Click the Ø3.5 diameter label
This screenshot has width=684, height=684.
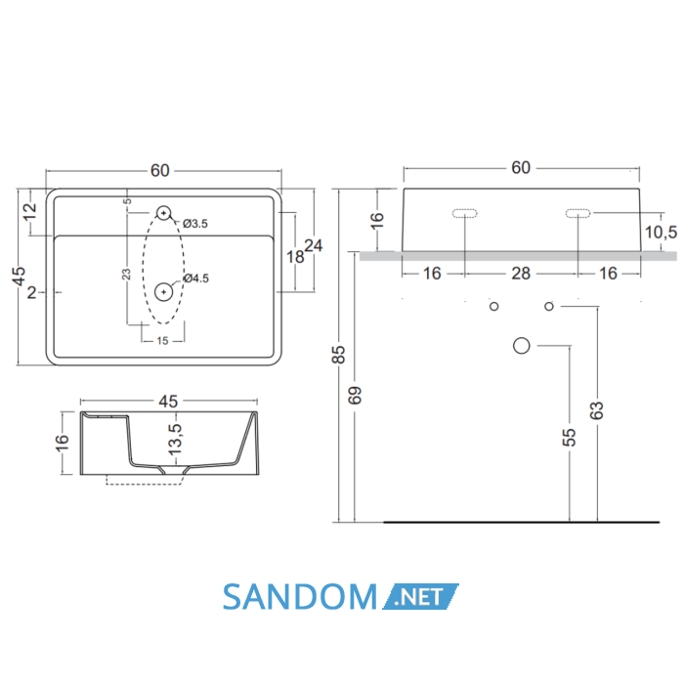[x=195, y=224]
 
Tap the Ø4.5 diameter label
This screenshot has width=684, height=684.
[x=196, y=278]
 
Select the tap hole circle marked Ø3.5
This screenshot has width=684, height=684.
[x=163, y=213]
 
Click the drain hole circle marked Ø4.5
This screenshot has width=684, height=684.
[x=163, y=292]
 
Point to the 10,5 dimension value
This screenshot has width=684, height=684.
[x=661, y=233]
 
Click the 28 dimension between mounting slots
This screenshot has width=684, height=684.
[x=521, y=274]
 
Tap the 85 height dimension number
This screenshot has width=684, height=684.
[x=339, y=355]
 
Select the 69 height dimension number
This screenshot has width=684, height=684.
[x=355, y=395]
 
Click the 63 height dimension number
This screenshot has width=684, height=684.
[x=597, y=410]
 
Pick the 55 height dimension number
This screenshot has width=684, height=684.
[x=570, y=438]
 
